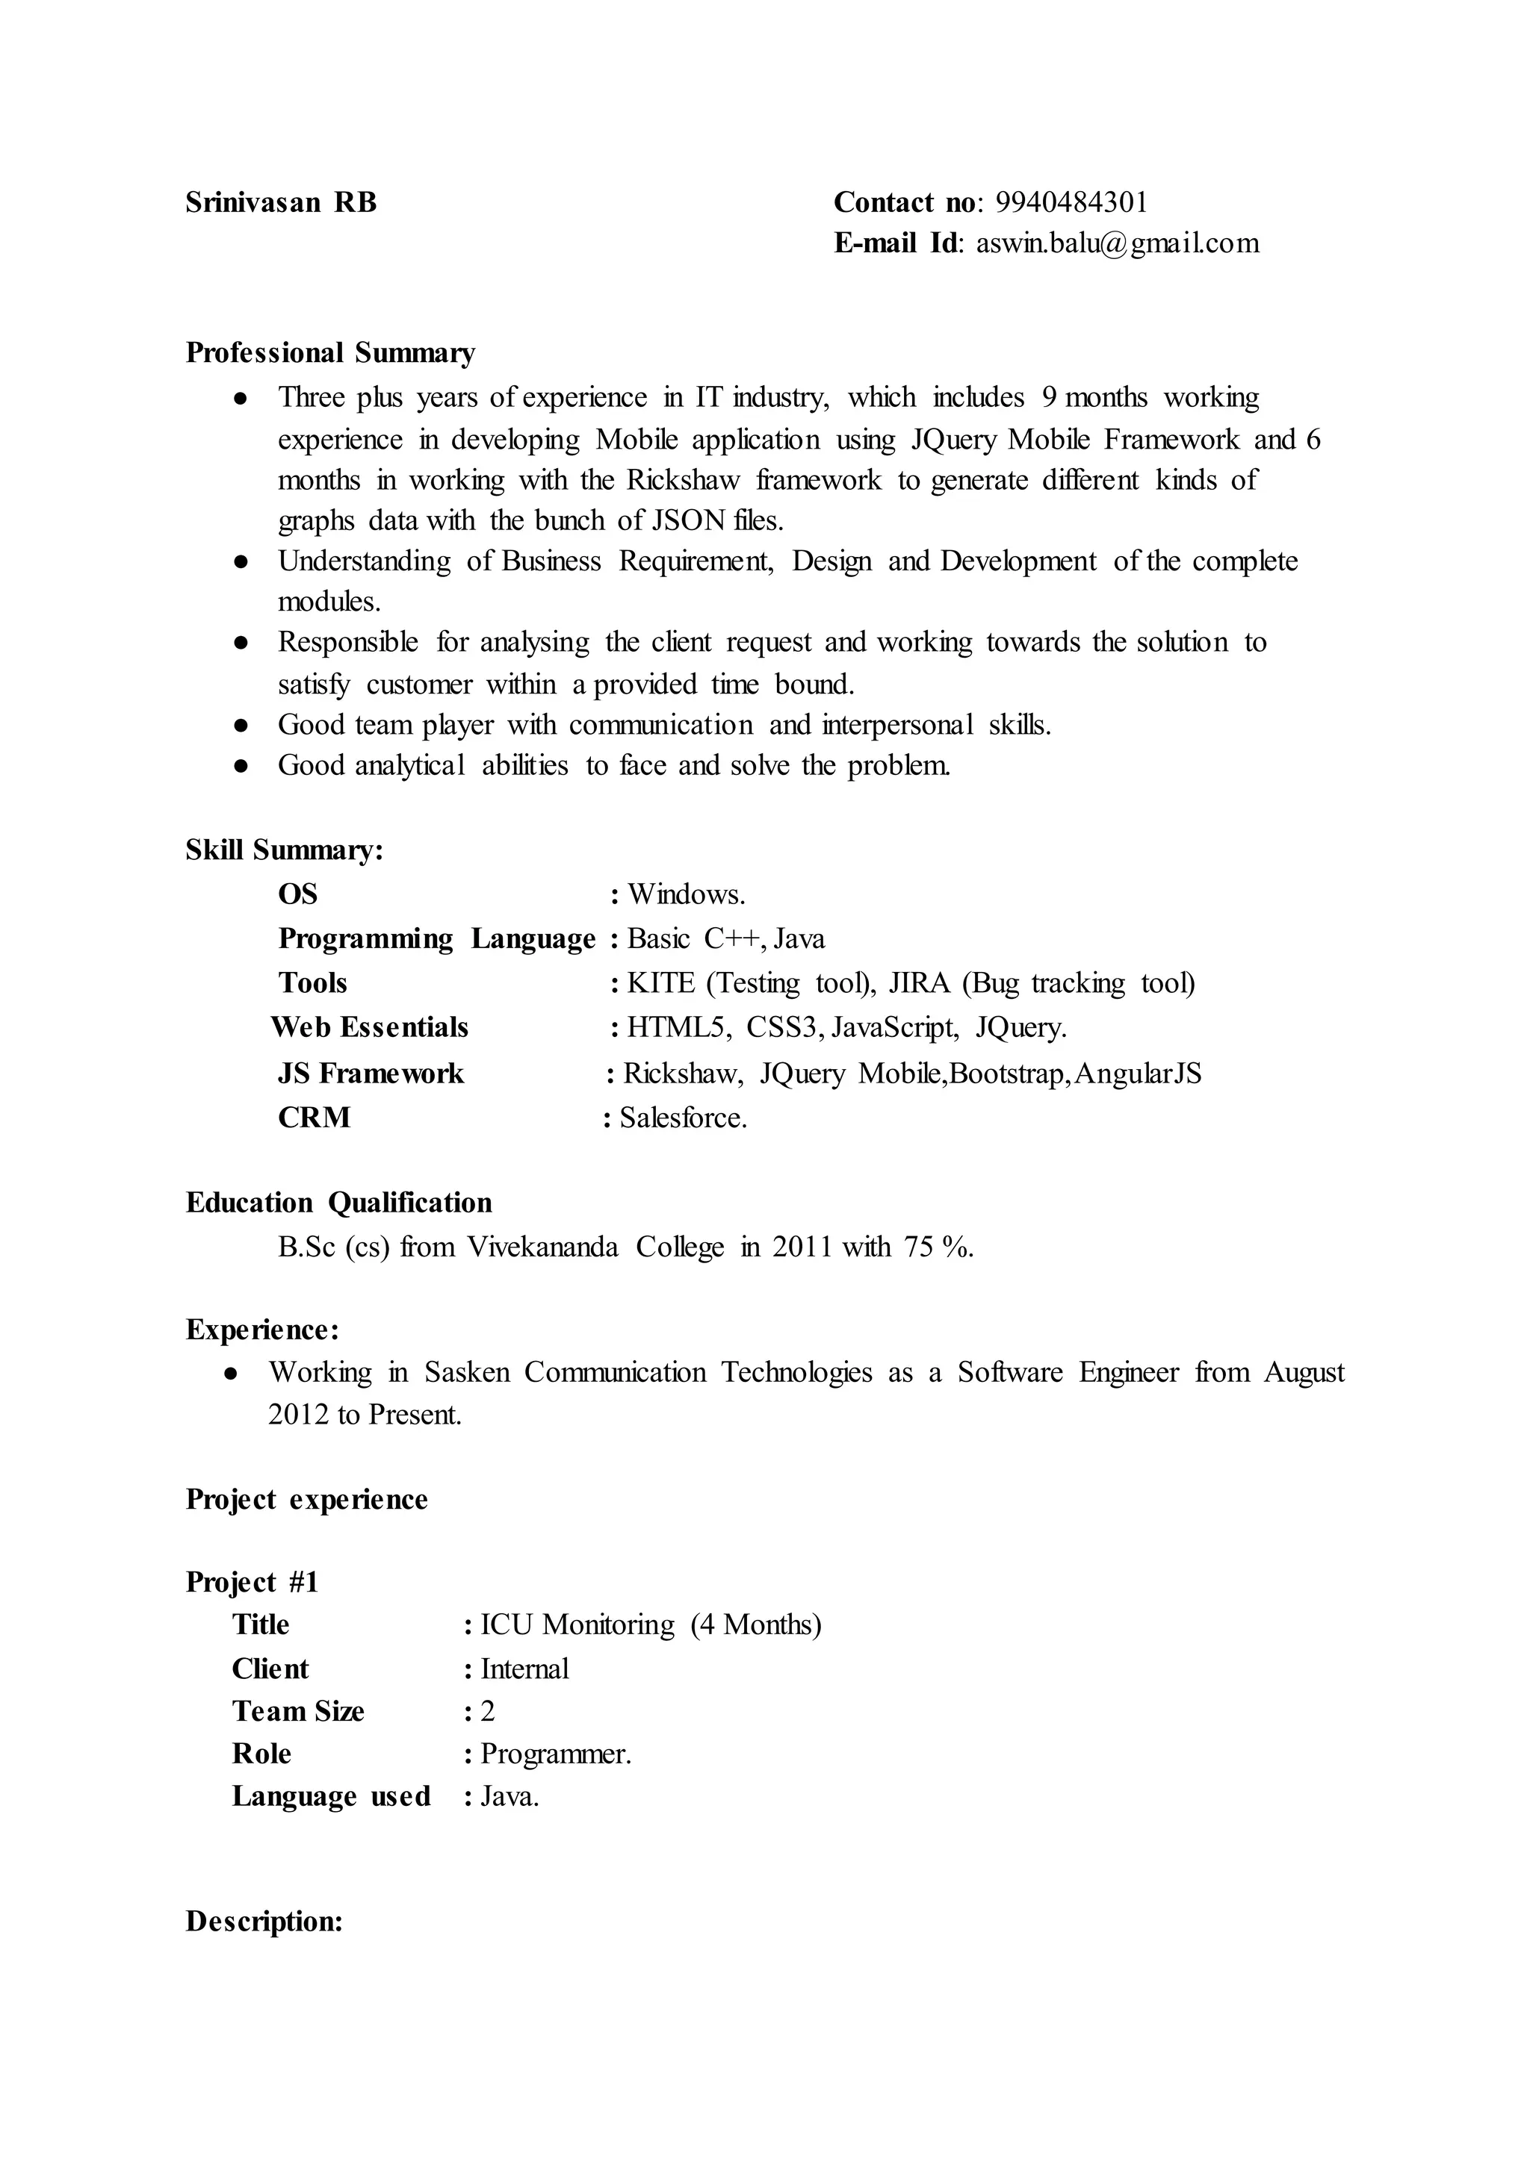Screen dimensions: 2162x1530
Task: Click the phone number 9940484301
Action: (1071, 202)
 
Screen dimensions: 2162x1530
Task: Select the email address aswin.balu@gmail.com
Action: (1118, 244)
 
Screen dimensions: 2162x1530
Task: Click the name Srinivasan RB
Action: (281, 202)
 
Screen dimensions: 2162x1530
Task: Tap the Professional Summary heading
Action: (329, 353)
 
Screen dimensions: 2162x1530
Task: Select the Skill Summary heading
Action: (284, 850)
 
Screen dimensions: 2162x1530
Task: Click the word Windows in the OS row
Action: (685, 894)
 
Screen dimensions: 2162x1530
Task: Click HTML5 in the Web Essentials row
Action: (678, 1027)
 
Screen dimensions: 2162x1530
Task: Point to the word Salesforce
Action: (682, 1118)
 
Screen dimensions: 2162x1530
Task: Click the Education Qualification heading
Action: (338, 1203)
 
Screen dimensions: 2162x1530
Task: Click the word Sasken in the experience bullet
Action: (466, 1373)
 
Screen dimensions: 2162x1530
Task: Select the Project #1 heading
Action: (252, 1582)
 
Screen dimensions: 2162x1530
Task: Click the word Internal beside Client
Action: (524, 1669)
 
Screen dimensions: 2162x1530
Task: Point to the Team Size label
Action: (298, 1711)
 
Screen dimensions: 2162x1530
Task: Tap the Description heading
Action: (264, 1922)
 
